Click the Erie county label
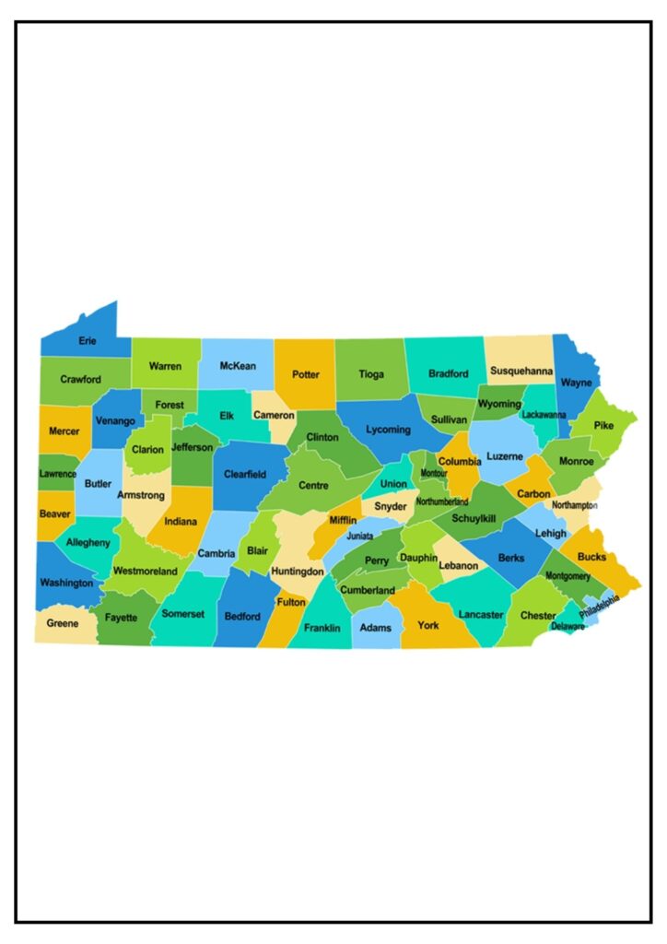coord(88,341)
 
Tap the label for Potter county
coord(305,374)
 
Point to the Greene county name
coord(63,623)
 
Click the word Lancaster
coord(481,614)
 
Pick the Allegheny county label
coord(88,543)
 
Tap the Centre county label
coord(313,485)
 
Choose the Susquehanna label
coord(521,372)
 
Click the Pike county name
coord(603,425)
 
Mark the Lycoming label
coord(388,430)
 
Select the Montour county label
coord(433,473)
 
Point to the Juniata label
coord(360,536)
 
